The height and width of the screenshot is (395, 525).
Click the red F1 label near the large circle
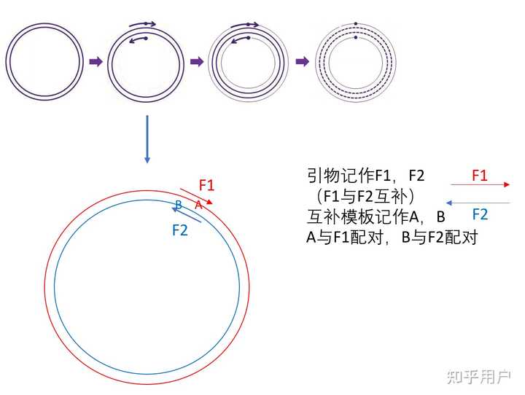click(206, 185)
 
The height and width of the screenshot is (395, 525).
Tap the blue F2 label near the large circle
click(180, 230)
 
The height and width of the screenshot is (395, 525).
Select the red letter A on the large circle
click(198, 206)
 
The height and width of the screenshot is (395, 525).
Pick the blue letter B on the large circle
click(178, 205)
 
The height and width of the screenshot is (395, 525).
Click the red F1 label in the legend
click(479, 175)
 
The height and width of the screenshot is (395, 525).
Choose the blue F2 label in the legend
click(479, 214)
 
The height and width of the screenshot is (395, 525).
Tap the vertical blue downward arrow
click(147, 138)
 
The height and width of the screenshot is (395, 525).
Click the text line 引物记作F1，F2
click(365, 176)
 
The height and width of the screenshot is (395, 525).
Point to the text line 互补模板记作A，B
click(376, 217)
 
